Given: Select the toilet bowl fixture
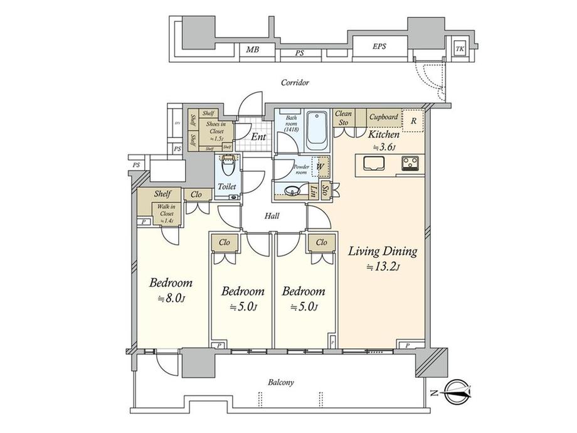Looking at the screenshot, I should click(228, 168).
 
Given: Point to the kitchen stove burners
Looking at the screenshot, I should click(412, 164).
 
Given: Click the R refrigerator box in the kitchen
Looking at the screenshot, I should click(413, 120).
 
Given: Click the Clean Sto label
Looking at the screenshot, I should click(343, 118).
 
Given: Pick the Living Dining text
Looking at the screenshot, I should click(383, 252).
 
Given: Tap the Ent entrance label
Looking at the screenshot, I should click(258, 136).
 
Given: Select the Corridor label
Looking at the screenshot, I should click(295, 82).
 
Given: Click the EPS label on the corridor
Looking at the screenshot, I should click(379, 46).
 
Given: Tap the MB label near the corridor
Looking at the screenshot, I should click(252, 50).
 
